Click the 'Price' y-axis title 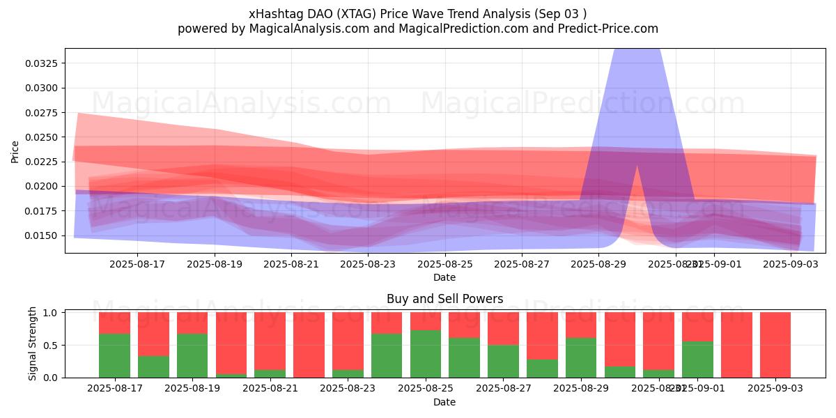15,151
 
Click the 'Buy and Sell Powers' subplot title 444,299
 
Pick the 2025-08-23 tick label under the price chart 368,264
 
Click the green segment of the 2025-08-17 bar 114,355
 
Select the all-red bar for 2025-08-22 309,345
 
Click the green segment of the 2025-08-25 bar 426,353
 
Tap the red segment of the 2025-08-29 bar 581,325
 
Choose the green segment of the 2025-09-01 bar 697,359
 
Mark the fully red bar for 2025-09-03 775,345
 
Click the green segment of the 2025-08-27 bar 503,361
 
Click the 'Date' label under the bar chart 444,402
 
